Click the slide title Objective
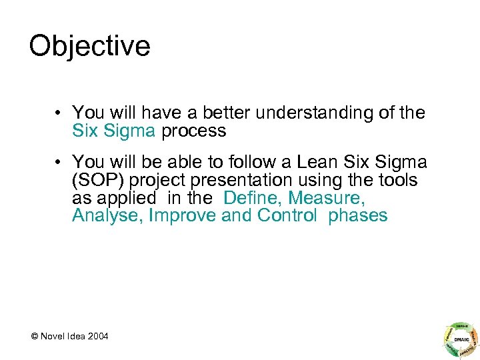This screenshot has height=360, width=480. click(x=89, y=47)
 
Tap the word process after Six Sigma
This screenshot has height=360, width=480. click(x=193, y=131)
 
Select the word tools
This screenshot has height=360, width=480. click(x=395, y=180)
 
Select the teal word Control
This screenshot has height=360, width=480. click(x=287, y=216)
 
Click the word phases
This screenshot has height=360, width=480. click(x=357, y=216)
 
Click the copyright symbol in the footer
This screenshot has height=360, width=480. click(x=33, y=335)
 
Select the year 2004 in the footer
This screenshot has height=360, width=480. click(x=97, y=335)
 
